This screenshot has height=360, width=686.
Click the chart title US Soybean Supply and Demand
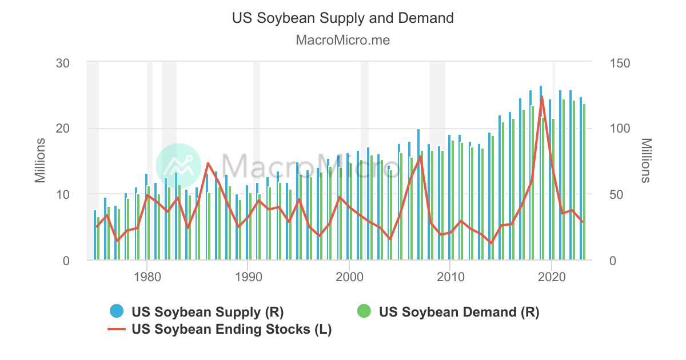[342, 18]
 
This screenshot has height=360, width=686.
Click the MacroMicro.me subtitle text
[342, 41]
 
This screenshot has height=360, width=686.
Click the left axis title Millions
[40, 161]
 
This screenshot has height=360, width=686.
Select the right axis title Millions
[646, 161]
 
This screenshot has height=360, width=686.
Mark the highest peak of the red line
[541, 97]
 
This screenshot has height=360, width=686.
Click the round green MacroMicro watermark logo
[178, 166]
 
